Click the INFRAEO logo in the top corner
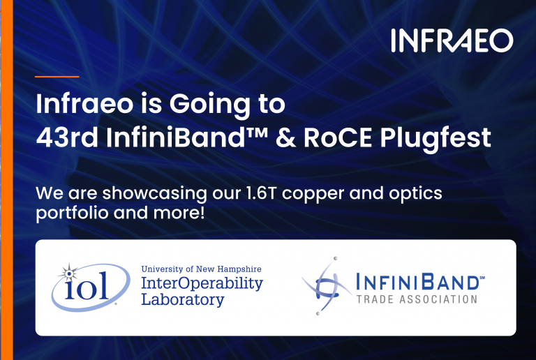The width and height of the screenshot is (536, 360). [452, 40]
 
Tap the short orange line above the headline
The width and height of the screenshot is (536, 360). [57, 76]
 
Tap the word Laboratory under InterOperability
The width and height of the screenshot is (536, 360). [182, 300]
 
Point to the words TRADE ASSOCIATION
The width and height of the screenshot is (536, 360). [416, 299]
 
